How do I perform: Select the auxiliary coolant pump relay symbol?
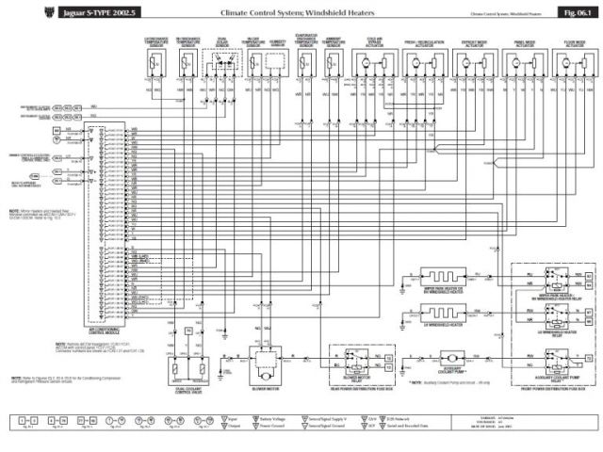point(563,357)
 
